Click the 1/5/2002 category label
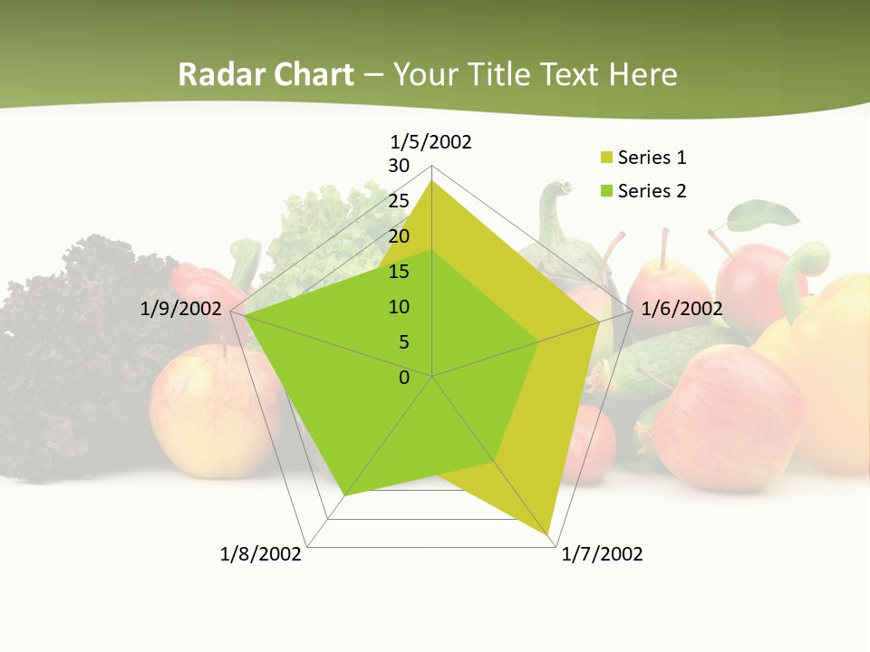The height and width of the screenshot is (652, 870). click(x=430, y=141)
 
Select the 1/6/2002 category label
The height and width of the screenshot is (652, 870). click(x=681, y=309)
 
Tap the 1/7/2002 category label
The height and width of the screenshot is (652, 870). click(x=602, y=554)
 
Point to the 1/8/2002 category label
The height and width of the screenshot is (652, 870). click(x=260, y=554)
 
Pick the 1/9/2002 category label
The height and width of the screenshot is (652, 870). click(x=180, y=309)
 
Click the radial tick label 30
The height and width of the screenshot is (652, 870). click(x=399, y=166)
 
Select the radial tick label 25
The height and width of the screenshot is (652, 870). click(x=399, y=201)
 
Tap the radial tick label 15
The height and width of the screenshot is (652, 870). click(x=399, y=272)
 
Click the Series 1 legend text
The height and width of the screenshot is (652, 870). click(x=652, y=158)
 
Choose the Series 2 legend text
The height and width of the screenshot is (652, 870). click(x=652, y=191)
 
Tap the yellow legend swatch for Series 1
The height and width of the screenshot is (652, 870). click(x=606, y=158)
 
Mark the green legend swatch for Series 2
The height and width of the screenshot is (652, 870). click(x=606, y=191)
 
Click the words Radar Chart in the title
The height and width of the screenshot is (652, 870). click(x=266, y=74)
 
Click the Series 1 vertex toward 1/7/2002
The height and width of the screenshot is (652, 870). click(x=548, y=536)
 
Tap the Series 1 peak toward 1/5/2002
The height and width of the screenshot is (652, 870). click(x=431, y=181)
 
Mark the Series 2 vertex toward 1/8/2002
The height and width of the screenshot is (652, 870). click(x=344, y=496)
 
